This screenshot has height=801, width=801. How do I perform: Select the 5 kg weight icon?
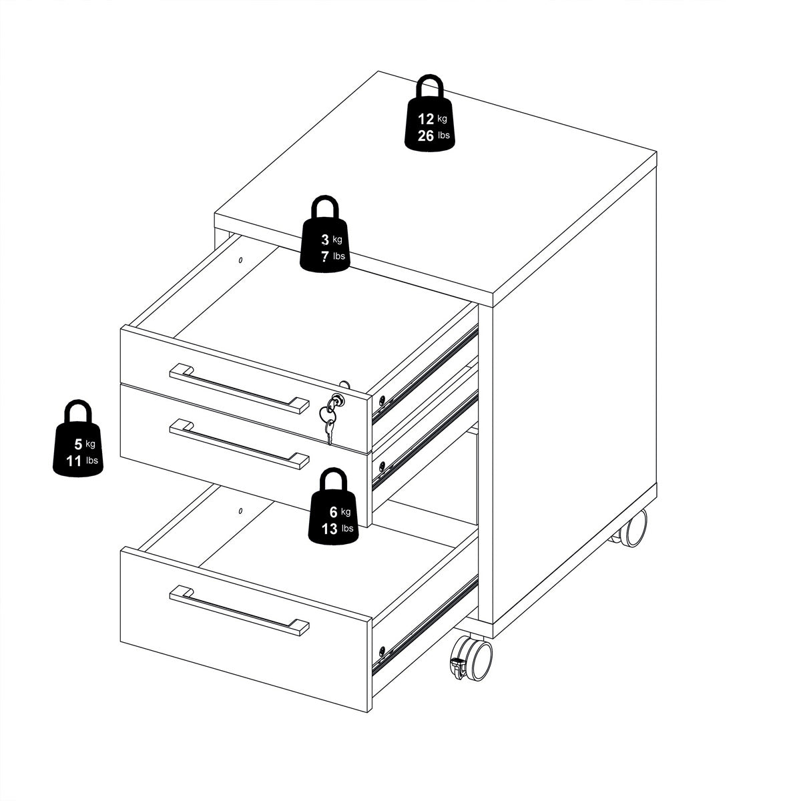click(79, 444)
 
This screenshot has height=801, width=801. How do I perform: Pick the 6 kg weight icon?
click(332, 513)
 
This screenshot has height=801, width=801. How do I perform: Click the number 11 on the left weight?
click(73, 460)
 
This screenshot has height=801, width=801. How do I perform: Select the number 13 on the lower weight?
click(330, 529)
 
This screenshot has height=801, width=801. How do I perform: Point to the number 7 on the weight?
click(324, 256)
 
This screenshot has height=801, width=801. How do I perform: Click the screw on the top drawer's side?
click(381, 400)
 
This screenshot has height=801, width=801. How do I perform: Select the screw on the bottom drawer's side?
click(381, 650)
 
